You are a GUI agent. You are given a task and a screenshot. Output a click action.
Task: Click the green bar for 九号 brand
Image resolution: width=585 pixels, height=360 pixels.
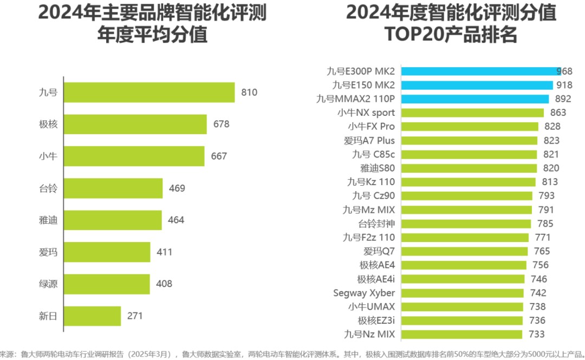pyautogui.click(x=149, y=93)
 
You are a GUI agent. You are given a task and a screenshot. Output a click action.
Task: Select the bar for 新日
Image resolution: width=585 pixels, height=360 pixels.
pyautogui.click(x=92, y=316)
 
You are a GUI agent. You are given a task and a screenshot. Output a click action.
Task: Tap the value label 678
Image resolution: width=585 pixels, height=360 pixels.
pyautogui.click(x=221, y=125)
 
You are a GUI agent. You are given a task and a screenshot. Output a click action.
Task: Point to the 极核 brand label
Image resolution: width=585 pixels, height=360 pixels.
pyautogui.click(x=48, y=125)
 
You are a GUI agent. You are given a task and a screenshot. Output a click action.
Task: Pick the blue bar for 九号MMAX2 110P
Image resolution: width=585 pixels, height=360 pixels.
pyautogui.click(x=474, y=99)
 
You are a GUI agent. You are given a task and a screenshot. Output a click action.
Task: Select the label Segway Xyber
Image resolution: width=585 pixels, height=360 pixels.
pyautogui.click(x=364, y=293)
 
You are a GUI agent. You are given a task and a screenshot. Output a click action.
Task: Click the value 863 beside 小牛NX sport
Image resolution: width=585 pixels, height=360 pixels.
pyautogui.click(x=557, y=113)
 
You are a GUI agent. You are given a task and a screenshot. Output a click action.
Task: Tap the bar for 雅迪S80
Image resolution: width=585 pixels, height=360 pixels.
pyautogui.click(x=469, y=168)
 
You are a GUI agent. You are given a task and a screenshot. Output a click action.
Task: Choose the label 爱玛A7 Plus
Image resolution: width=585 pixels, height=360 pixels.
pyautogui.click(x=369, y=140)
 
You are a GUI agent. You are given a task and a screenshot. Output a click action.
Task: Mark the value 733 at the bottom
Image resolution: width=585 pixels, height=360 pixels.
pyautogui.click(x=536, y=334)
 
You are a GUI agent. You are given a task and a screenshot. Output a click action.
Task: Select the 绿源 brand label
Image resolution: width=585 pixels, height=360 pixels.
pyautogui.click(x=48, y=284)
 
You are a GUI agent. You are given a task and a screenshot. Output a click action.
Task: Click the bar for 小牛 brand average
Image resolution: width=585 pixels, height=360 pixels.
pyautogui.click(x=134, y=156)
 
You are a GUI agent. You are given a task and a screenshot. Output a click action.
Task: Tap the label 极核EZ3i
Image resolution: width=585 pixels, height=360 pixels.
pyautogui.click(x=376, y=320)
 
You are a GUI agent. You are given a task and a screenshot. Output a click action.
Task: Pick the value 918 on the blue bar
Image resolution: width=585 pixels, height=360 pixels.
pyautogui.click(x=564, y=85)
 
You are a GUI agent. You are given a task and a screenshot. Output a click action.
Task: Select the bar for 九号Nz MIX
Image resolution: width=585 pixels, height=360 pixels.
pyautogui.click(x=461, y=334)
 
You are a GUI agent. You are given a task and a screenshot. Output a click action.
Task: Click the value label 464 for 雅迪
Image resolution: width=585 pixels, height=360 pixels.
pyautogui.click(x=175, y=220)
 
